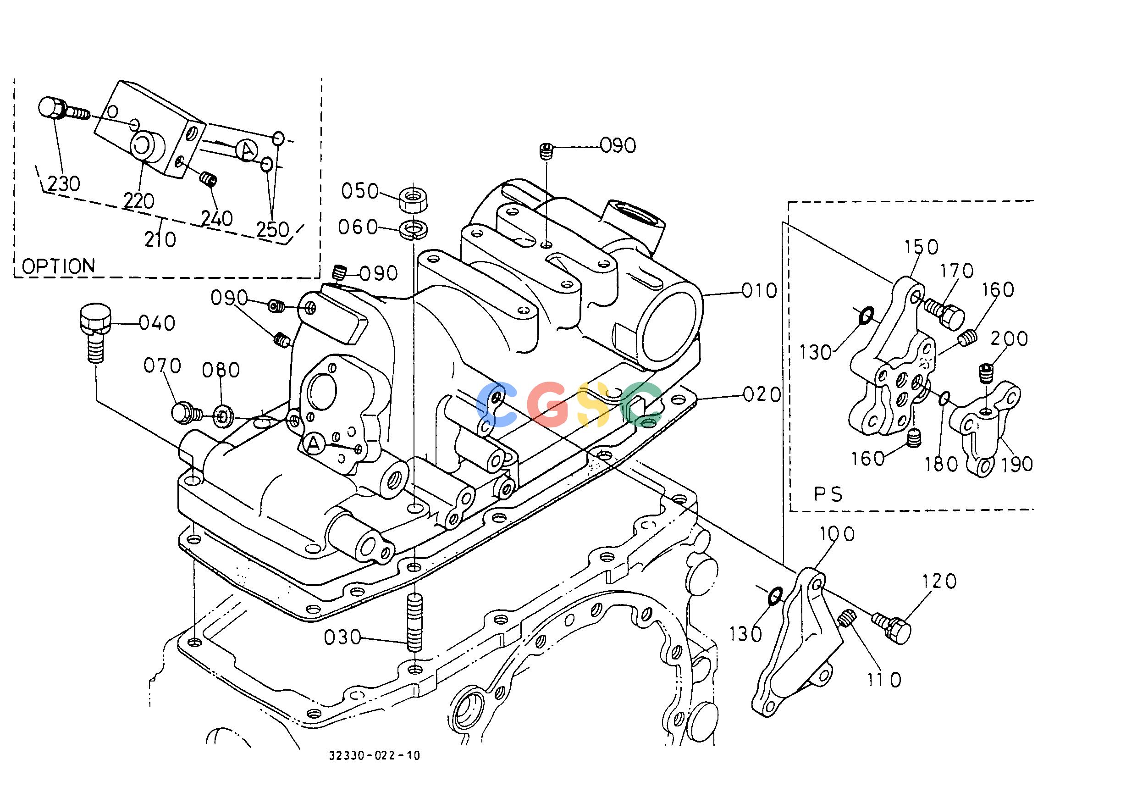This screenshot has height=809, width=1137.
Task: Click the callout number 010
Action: (x=759, y=290)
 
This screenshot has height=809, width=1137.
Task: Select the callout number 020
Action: (x=762, y=395)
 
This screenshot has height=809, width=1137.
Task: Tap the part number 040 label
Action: (x=157, y=323)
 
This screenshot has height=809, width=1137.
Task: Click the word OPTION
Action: (x=59, y=266)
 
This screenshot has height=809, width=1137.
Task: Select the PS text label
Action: (x=828, y=494)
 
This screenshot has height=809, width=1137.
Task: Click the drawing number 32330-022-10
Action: (x=374, y=770)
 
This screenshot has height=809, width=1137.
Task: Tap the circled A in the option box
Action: (x=246, y=150)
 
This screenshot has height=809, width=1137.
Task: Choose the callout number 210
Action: (x=160, y=239)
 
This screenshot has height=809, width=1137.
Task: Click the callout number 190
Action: (x=1017, y=463)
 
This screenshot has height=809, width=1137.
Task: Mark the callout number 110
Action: (x=884, y=680)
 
